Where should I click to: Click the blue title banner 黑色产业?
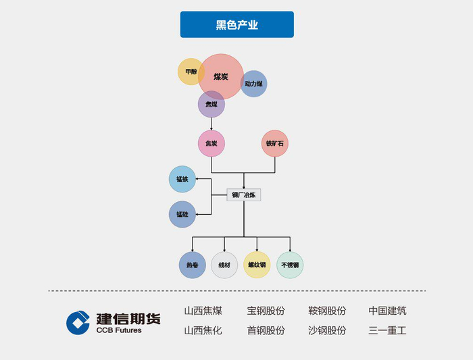pos(236,24)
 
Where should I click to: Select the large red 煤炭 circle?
pos(221,77)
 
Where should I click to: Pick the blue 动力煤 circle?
pos(254,84)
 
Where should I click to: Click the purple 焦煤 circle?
pos(211,105)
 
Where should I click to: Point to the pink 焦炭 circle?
pos(211,143)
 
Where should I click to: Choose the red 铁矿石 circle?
pos(275,143)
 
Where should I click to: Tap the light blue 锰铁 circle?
pos(182,179)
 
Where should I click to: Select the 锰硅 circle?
pos(182,214)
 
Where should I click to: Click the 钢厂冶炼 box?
pos(243,195)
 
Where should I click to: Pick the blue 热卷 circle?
pos(192,265)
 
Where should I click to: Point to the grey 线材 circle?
pos(224,265)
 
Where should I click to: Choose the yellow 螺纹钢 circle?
pos(257,265)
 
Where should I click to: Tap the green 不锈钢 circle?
pos(290,265)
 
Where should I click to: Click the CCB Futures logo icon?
pos(78,322)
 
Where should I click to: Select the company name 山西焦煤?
pos(203,311)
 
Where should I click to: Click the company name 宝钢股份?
pos(266,311)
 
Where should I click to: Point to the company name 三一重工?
pos(388,331)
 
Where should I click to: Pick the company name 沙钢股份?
pos(327,331)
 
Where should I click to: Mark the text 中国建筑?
pos(388,311)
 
